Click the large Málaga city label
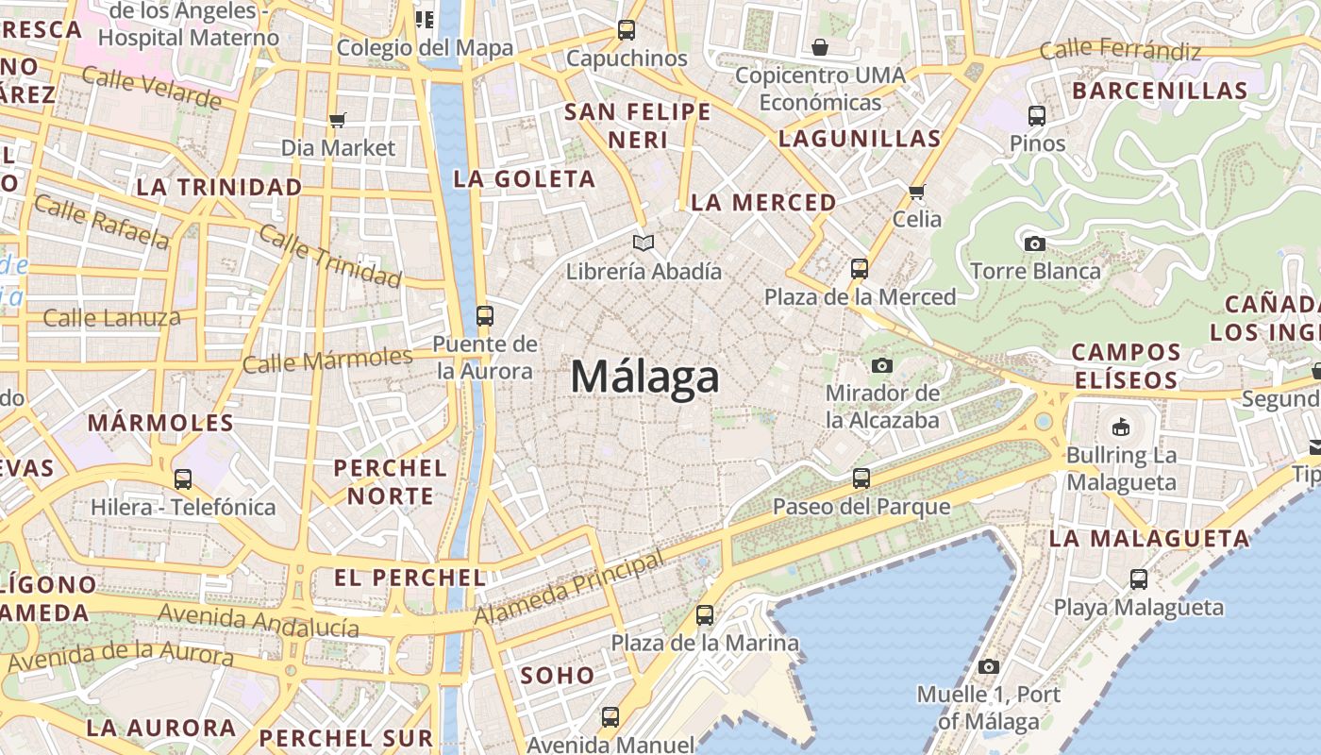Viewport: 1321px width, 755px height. click(x=645, y=377)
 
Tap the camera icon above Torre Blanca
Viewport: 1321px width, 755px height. click(x=1035, y=243)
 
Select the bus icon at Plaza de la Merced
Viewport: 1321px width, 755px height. click(x=859, y=269)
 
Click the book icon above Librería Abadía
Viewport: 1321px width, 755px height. click(x=644, y=243)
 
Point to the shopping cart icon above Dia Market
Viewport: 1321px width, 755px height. click(x=338, y=120)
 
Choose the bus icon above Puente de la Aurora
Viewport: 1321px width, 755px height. click(x=485, y=316)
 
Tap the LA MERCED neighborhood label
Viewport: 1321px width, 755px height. click(x=763, y=203)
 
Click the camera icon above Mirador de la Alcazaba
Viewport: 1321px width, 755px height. click(x=882, y=365)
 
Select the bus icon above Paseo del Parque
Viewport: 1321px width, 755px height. click(x=861, y=478)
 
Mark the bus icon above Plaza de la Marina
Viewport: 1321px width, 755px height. click(x=705, y=615)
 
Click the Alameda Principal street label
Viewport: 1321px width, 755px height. click(x=569, y=589)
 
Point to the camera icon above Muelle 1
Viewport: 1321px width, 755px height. click(x=989, y=667)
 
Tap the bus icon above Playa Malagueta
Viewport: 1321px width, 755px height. click(x=1139, y=579)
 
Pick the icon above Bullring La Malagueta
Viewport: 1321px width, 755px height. click(x=1121, y=428)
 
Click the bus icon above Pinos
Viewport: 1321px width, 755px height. click(x=1037, y=116)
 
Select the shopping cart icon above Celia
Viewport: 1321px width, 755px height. click(x=916, y=192)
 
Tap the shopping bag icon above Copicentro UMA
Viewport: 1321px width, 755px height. click(x=820, y=47)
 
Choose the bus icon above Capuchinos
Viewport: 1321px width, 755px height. click(x=627, y=30)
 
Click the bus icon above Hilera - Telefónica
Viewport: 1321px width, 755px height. click(x=183, y=479)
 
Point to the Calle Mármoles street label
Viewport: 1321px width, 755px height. click(x=327, y=361)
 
